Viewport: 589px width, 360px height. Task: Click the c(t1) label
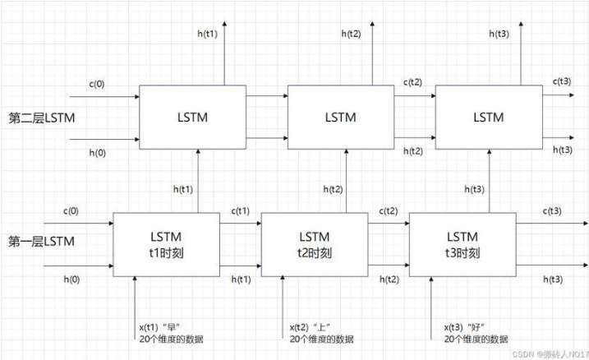click(241, 210)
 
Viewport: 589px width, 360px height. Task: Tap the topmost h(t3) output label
click(498, 34)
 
